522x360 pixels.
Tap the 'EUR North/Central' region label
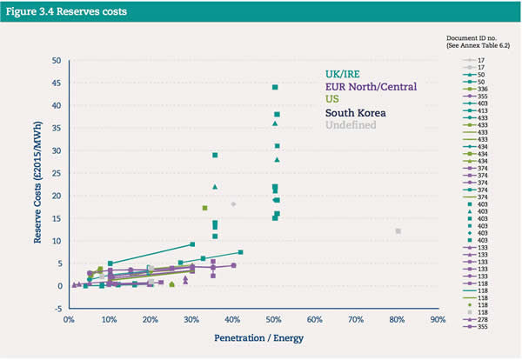point(371,87)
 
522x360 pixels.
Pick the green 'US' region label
point(333,100)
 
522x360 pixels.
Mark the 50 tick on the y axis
point(57,60)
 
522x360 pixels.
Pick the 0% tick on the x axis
point(69,319)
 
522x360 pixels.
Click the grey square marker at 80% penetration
point(398,231)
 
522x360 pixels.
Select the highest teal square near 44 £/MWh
point(275,88)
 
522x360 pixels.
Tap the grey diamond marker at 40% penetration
point(233,204)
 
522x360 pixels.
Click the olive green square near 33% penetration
point(204,208)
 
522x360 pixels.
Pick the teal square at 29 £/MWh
point(215,156)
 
